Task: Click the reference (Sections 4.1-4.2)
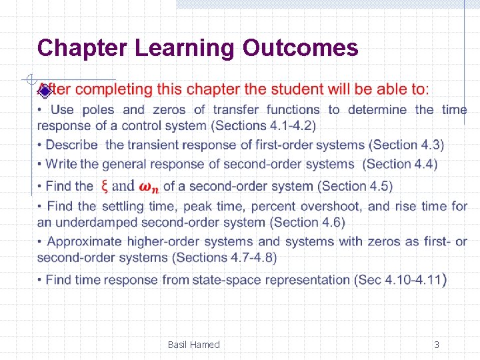coord(263,125)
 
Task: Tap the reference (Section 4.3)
coord(407,145)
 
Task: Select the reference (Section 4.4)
coord(400,164)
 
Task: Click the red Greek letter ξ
coord(105,186)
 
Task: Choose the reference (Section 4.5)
coord(355,186)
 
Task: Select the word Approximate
coord(85,241)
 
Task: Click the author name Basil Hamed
coord(193,345)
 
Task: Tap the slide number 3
coord(437,345)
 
